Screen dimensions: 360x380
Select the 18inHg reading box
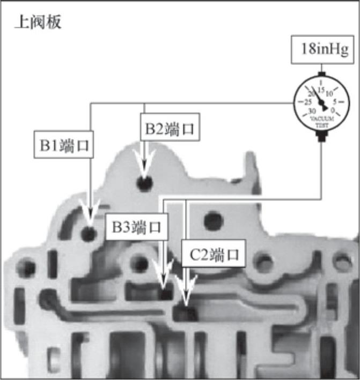[321, 50]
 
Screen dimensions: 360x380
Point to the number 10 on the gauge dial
[329, 93]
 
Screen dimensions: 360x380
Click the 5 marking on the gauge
[334, 101]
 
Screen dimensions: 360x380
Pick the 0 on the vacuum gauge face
[333, 110]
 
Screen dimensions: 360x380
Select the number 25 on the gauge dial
[308, 101]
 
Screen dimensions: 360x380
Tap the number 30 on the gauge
[311, 111]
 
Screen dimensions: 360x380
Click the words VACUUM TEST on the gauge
[322, 121]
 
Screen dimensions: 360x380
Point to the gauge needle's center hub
[322, 103]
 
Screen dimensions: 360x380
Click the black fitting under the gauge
[322, 137]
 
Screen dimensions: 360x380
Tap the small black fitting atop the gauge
[321, 72]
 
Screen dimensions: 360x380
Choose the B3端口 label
[136, 227]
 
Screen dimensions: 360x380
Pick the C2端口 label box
[213, 254]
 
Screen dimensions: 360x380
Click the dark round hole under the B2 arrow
[144, 183]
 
